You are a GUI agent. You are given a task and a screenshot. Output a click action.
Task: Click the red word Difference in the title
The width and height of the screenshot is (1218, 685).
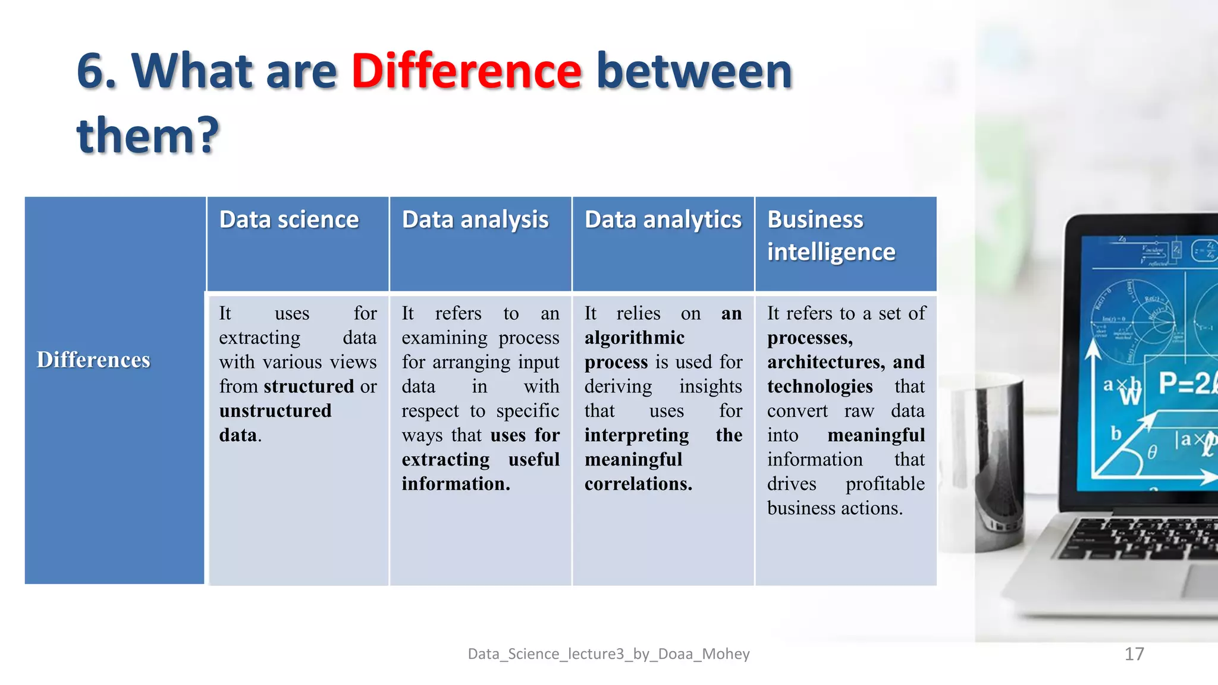pos(466,71)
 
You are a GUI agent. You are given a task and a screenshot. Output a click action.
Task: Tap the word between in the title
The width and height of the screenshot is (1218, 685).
pos(694,71)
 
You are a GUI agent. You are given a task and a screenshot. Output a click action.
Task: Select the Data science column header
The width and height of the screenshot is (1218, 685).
pos(289,220)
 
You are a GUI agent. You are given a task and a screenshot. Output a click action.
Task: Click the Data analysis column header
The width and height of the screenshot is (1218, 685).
pos(475,220)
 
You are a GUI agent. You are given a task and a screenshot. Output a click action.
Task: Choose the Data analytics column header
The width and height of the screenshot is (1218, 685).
pos(663,220)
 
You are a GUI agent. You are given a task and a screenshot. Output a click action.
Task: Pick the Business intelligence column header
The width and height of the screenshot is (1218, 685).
pos(831,236)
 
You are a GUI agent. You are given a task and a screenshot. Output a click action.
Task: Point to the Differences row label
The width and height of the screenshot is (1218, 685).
pos(93,360)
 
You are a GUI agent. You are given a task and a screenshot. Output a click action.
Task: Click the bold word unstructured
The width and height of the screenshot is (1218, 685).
pos(275,411)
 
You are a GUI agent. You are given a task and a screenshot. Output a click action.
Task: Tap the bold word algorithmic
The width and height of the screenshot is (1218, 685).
pos(635,338)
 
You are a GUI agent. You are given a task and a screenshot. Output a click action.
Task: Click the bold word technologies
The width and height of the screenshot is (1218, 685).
pos(820,387)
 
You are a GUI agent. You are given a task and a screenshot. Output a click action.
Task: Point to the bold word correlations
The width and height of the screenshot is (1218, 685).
pos(638,484)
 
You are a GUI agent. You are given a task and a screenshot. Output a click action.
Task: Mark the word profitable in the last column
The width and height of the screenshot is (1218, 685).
pos(885,484)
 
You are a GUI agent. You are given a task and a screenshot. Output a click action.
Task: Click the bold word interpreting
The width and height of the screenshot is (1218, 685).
pos(636,435)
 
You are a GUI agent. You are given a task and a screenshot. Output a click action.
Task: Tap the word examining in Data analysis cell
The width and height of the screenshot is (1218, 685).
pos(444,338)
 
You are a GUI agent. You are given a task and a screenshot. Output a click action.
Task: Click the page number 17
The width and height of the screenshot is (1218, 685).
pos(1134,654)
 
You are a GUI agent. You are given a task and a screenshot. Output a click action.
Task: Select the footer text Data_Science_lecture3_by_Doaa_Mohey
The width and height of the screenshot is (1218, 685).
pos(608,654)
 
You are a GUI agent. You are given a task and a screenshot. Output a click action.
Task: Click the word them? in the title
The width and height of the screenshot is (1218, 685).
pos(148,136)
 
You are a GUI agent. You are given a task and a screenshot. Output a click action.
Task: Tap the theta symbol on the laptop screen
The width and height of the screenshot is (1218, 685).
pos(1152,453)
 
